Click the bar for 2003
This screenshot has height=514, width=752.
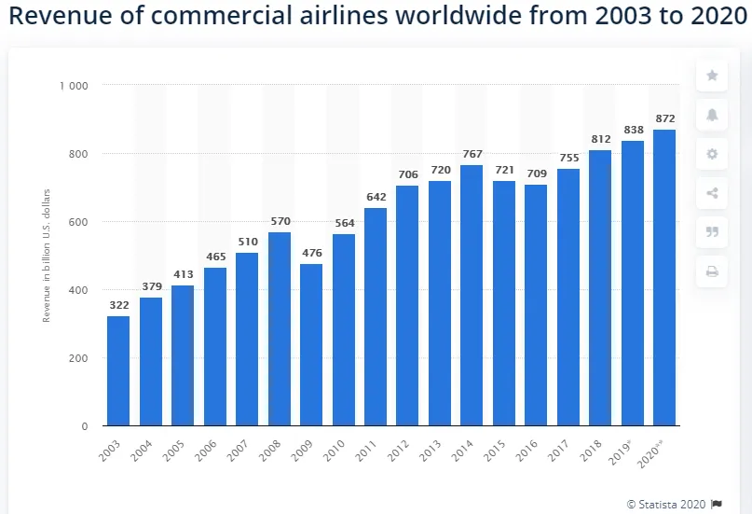pyautogui.click(x=118, y=371)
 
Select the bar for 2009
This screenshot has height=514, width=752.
pyautogui.click(x=311, y=345)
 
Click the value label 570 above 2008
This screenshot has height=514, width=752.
pyautogui.click(x=280, y=222)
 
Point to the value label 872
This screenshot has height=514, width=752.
pyautogui.click(x=664, y=118)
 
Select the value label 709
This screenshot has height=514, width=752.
pyautogui.click(x=536, y=174)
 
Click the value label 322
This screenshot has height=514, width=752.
pyautogui.click(x=118, y=306)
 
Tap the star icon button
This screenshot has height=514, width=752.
pyautogui.click(x=712, y=76)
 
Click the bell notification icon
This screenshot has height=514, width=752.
pyautogui.click(x=712, y=115)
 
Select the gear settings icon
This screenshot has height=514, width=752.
pyautogui.click(x=712, y=154)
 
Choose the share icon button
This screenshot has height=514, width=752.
pyautogui.click(x=712, y=193)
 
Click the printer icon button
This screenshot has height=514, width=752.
pyautogui.click(x=712, y=271)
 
